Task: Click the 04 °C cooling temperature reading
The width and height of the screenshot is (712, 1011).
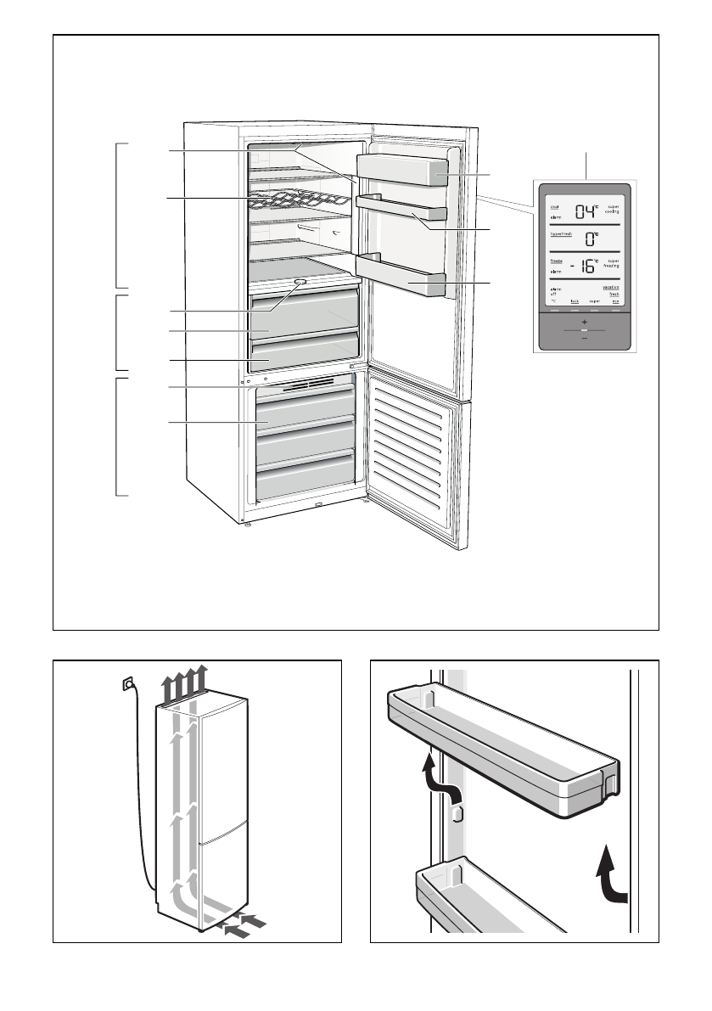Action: tap(586, 211)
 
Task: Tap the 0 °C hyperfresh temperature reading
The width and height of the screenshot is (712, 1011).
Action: tap(589, 239)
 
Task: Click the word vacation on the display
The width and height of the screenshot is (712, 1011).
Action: tap(611, 289)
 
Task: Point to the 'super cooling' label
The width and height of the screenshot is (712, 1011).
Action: tap(613, 210)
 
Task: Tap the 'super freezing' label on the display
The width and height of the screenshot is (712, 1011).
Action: tap(612, 264)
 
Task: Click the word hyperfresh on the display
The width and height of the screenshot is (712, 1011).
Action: tap(561, 233)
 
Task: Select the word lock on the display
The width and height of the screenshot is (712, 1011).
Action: tap(575, 301)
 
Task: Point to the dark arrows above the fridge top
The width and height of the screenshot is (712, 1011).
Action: tap(186, 682)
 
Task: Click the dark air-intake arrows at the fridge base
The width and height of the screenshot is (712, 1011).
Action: tap(246, 925)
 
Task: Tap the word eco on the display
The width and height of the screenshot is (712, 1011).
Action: tap(615, 301)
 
